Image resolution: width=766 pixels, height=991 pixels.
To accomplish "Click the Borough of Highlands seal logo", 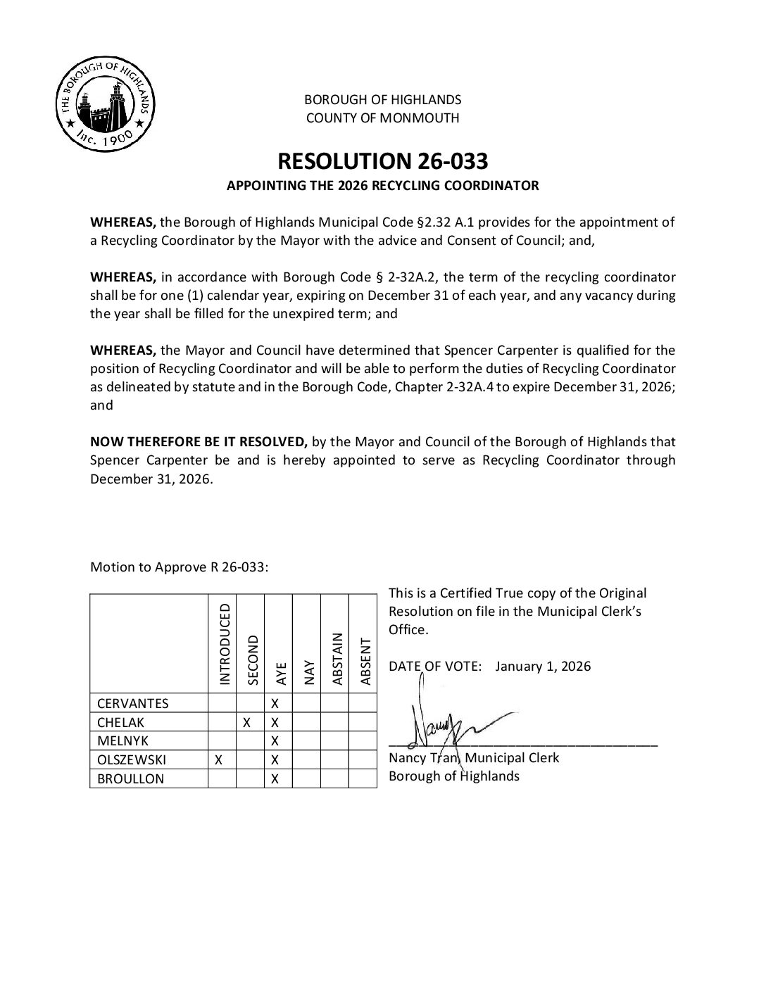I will tap(104, 104).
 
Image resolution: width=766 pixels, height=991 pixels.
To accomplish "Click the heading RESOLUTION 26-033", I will tap(382, 161).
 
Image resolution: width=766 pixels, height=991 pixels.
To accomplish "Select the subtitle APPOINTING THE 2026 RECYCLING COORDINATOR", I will tap(382, 187).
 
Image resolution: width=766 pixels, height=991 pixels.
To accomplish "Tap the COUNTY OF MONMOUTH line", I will tap(382, 118).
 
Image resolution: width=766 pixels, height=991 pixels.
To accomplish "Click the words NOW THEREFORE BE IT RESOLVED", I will tap(199, 442).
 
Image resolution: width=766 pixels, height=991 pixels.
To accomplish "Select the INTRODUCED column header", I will tap(225, 644).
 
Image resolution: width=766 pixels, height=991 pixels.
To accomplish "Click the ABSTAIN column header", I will tap(337, 659).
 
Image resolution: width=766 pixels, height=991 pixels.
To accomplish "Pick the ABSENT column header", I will tap(365, 660).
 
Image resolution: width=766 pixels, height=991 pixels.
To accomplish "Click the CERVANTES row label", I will tap(132, 703).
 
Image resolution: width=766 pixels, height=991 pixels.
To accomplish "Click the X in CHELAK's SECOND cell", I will tap(247, 722).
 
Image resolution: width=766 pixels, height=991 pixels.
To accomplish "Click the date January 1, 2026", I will tap(543, 667).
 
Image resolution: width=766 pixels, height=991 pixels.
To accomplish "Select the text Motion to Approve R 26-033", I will tap(179, 567).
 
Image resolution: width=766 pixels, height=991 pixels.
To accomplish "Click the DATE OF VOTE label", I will tap(434, 667).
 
